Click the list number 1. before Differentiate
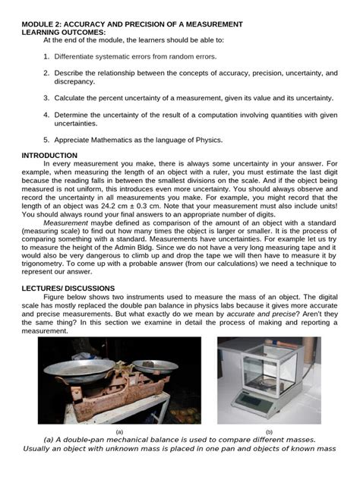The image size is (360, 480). click(x=46, y=56)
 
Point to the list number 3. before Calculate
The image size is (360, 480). click(x=46, y=98)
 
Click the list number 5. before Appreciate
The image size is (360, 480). click(x=46, y=140)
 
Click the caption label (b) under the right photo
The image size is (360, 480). click(x=268, y=431)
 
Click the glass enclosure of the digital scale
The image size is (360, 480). click(x=266, y=372)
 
